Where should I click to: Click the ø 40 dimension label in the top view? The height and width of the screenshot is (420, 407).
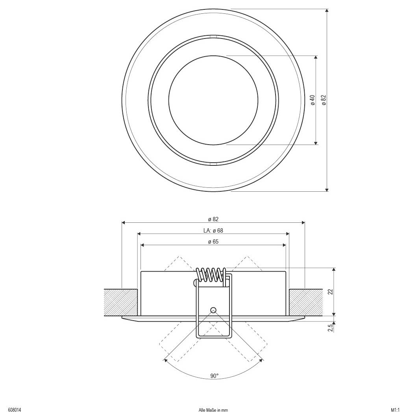coord(313,100)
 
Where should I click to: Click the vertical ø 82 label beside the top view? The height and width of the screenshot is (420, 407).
coord(324,100)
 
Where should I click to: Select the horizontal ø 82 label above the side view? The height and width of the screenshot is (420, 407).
coord(213,219)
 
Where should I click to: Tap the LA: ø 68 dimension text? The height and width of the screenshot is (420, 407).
coord(213,230)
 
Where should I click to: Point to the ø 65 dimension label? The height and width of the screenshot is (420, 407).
coord(213,242)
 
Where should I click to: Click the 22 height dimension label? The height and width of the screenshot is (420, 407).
coord(330,292)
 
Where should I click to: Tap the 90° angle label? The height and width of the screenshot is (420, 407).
coord(214,376)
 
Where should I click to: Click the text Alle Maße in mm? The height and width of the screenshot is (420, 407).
coord(213,410)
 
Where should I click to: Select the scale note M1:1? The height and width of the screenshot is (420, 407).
coord(395,410)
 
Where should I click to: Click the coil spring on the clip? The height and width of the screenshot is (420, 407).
coord(211,274)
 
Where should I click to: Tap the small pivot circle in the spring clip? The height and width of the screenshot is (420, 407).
coord(213,309)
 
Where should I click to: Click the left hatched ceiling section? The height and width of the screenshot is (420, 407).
coord(121,302)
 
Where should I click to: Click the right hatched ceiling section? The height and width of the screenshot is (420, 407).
coord(306,302)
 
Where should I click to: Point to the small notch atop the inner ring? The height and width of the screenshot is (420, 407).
coord(213,37)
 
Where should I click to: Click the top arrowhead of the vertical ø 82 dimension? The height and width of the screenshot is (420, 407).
coord(327,11)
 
